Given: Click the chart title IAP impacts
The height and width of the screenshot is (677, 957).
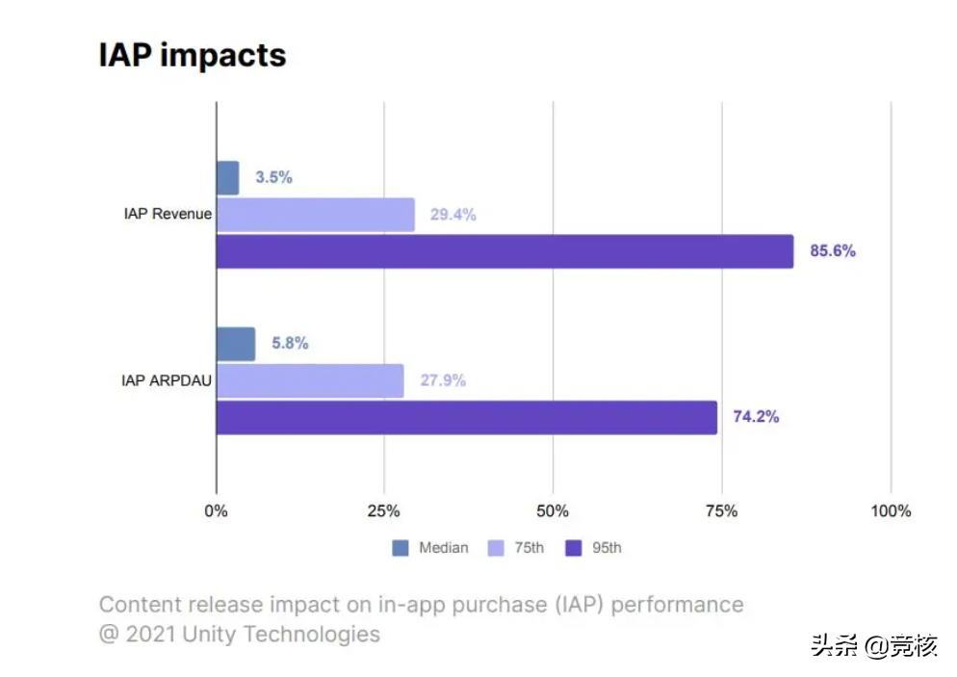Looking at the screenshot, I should (193, 55).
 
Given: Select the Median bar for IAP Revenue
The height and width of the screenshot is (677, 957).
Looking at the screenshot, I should (227, 178).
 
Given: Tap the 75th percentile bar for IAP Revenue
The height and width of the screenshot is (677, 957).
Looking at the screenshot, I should (315, 215).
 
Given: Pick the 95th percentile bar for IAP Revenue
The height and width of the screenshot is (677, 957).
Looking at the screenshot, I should (504, 251).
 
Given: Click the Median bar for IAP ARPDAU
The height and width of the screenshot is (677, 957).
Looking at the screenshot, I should (236, 344).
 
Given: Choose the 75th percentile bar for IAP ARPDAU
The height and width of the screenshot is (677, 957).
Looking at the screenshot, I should (310, 380).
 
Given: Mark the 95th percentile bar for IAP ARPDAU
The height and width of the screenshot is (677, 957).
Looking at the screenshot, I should (466, 417).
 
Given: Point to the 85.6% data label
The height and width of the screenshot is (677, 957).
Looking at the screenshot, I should (833, 251).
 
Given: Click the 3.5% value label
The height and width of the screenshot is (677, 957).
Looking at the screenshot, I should (273, 178).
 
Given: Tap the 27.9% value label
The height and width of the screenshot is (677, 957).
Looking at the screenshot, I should (443, 380).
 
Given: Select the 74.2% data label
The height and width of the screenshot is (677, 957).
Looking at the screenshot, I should (756, 417).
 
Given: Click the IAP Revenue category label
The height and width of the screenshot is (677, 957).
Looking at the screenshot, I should (168, 214).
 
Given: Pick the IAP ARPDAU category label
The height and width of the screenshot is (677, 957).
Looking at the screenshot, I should (167, 380).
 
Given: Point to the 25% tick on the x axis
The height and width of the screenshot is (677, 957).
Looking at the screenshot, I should (384, 510).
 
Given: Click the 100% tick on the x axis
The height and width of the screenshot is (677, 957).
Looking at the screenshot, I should (890, 510).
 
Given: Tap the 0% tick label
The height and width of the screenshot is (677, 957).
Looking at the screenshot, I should (216, 510).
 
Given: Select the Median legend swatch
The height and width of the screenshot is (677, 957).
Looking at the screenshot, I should (401, 548).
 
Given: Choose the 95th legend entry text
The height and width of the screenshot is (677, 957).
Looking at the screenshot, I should (607, 548).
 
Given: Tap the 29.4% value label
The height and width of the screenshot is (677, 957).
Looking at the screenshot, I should (453, 215).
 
